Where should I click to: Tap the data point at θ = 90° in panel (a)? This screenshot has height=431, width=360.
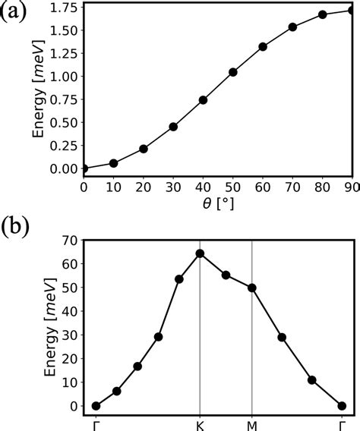[352, 11]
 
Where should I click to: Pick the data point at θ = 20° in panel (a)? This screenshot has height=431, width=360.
[144, 149]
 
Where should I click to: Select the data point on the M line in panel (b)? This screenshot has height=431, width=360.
[252, 288]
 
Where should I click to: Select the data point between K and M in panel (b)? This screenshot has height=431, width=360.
[226, 275]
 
